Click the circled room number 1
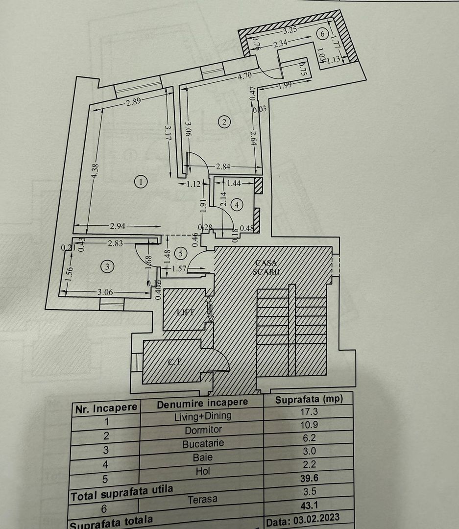pyautogui.click(x=141, y=182)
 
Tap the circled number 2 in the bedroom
pyautogui.click(x=224, y=122)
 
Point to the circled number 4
pyautogui.click(x=237, y=205)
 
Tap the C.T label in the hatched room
pyautogui.click(x=172, y=363)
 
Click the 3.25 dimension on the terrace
pyautogui.click(x=290, y=29)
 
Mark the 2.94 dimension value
pyautogui.click(x=117, y=225)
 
